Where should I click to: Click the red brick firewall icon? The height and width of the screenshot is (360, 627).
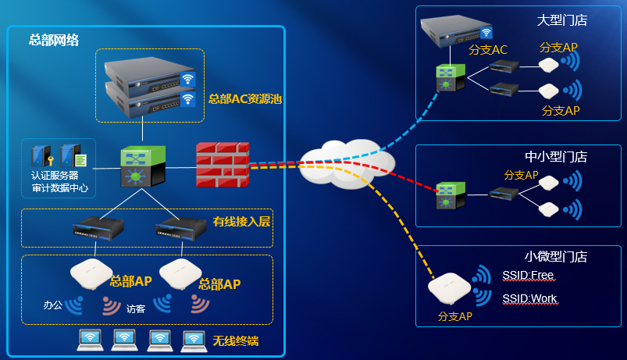(x=222, y=164)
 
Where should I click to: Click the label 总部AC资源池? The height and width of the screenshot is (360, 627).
(x=244, y=100)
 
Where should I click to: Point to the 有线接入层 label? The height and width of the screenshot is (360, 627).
(x=241, y=222)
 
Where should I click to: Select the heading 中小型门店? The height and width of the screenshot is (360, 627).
(x=555, y=155)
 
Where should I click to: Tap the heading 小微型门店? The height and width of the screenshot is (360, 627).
(x=555, y=256)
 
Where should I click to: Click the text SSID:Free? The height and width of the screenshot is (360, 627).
(x=529, y=275)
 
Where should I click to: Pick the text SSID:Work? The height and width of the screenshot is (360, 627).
(x=529, y=298)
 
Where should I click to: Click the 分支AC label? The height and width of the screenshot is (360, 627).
(x=488, y=50)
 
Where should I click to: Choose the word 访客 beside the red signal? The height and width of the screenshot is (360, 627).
(x=136, y=308)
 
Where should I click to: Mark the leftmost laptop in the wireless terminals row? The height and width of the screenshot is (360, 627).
(x=91, y=338)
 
